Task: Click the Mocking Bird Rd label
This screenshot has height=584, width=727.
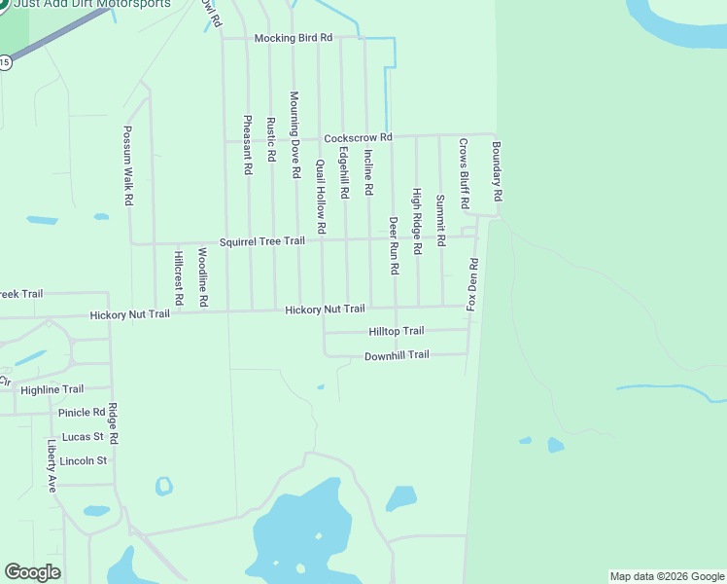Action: pyautogui.click(x=293, y=38)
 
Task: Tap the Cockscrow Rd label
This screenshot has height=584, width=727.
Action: pyautogui.click(x=358, y=138)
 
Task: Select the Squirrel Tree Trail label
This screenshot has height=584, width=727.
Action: pyautogui.click(x=261, y=241)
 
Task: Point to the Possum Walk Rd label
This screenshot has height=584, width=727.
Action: pyautogui.click(x=128, y=164)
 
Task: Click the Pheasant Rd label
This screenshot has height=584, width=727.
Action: pyautogui.click(x=248, y=144)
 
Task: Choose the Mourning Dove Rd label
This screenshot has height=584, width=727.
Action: pyautogui.click(x=295, y=134)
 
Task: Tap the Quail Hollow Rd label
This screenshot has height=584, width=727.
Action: pyautogui.click(x=321, y=190)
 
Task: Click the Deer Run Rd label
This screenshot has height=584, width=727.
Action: pyautogui.click(x=395, y=245)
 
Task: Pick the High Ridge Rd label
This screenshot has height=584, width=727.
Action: pyautogui.click(x=417, y=221)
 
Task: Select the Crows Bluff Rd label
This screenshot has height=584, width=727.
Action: pyautogui.click(x=465, y=174)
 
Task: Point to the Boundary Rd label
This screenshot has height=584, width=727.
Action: pyautogui.click(x=497, y=171)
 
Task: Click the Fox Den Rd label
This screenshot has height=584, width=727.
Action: pyautogui.click(x=473, y=285)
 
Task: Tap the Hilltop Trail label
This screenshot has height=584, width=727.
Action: pyautogui.click(x=397, y=332)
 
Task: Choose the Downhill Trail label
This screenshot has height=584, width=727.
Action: pyautogui.click(x=397, y=355)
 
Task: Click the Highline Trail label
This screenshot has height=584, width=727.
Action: pyautogui.click(x=52, y=389)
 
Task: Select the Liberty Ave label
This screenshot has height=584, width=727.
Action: pyautogui.click(x=52, y=466)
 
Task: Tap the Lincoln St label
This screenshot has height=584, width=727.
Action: pyautogui.click(x=83, y=460)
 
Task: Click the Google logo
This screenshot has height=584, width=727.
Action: pyautogui.click(x=32, y=572)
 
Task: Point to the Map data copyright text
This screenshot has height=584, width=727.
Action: pyautogui.click(x=667, y=576)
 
